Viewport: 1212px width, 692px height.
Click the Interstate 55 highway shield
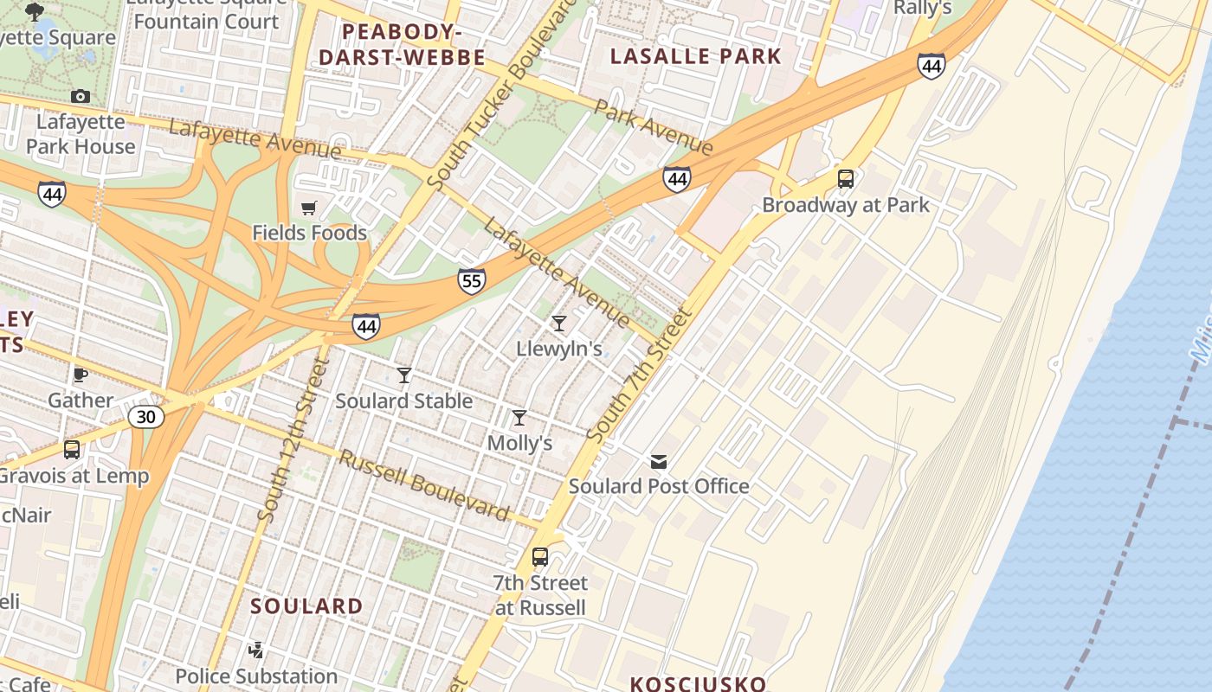coord(472,280)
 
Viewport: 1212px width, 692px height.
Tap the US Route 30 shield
coord(146,417)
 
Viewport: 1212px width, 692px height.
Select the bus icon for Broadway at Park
coord(846,179)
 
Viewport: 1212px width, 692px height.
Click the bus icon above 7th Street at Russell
coord(540,557)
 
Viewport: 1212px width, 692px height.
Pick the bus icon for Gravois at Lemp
coord(72,450)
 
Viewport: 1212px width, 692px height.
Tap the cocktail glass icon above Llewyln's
coord(559,324)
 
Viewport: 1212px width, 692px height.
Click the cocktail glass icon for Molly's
coord(519,418)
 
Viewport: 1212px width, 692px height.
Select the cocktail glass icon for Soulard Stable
coord(404,375)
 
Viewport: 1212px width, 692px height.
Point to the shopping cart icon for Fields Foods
coord(309,208)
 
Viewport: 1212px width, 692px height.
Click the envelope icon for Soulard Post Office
coord(659,461)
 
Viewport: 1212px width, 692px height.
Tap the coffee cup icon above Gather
coord(81,375)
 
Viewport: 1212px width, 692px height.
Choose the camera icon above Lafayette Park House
coord(81,96)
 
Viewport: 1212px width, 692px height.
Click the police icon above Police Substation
coord(256,650)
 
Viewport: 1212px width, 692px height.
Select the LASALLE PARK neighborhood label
coord(696,57)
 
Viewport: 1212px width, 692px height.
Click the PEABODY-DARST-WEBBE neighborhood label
coord(402,45)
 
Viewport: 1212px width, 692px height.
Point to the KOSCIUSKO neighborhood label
coord(698,683)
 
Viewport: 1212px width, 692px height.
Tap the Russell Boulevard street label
coord(423,485)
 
